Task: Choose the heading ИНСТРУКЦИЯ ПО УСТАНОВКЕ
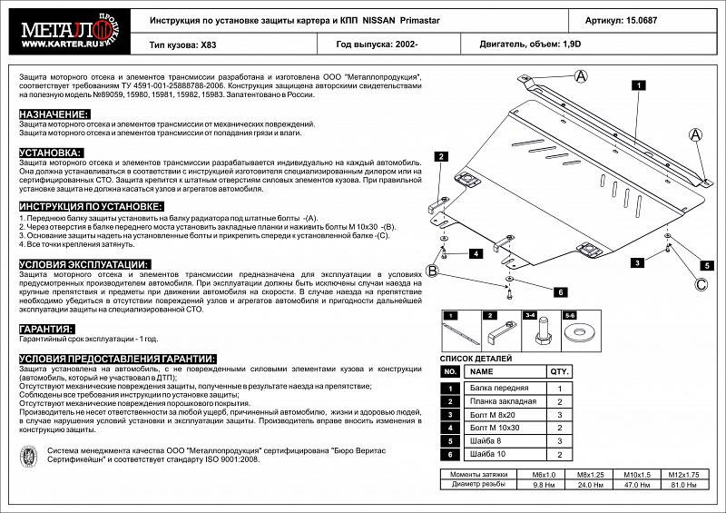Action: [90, 207]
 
